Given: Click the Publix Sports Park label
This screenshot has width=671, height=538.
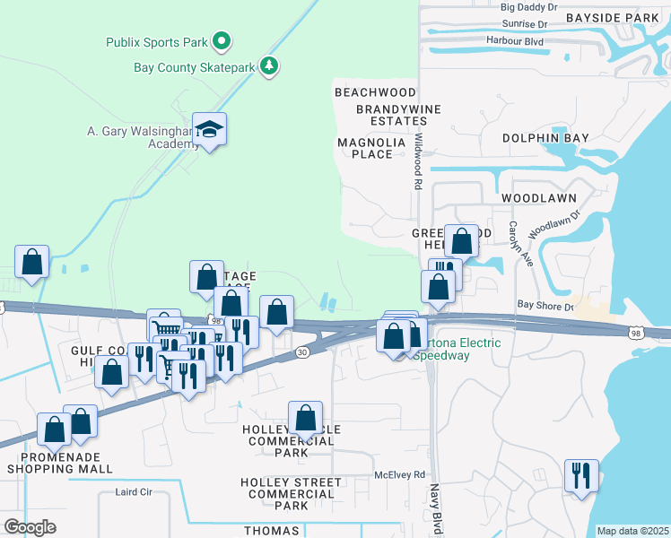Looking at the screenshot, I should (x=157, y=41).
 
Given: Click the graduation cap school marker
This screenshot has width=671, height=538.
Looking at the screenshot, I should (x=209, y=131).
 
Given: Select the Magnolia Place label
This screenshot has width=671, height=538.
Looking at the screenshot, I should (x=365, y=148).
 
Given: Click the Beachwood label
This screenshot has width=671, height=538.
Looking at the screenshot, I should (x=375, y=92).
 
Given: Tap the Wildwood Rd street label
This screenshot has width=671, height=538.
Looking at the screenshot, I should (x=418, y=161).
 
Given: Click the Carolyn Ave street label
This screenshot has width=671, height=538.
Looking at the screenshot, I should (x=515, y=243).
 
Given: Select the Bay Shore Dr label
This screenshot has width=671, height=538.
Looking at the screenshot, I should (x=545, y=305).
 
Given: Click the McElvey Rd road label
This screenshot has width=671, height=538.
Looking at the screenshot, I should (x=399, y=475).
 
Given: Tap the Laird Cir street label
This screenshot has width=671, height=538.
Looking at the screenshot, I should (x=135, y=492).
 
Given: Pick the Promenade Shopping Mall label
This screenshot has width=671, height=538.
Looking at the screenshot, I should (x=61, y=463).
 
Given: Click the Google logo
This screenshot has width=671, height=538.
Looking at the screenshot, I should (x=30, y=527).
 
